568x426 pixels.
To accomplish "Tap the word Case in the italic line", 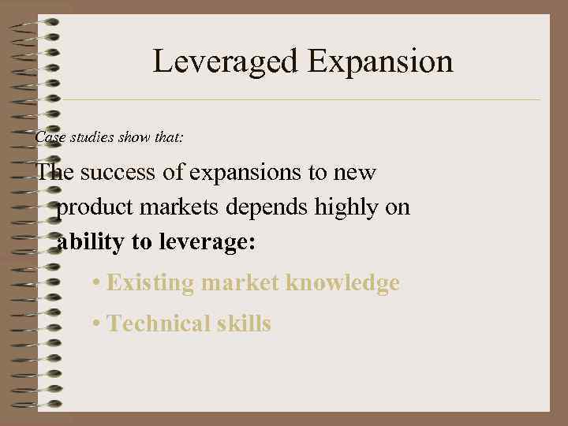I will tap(49, 137).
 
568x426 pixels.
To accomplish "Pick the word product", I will tap(93, 207).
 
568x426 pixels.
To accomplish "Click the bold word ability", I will tap(91, 242).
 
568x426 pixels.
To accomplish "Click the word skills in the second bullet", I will tap(243, 323).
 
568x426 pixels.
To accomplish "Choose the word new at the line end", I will tap(355, 172).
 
